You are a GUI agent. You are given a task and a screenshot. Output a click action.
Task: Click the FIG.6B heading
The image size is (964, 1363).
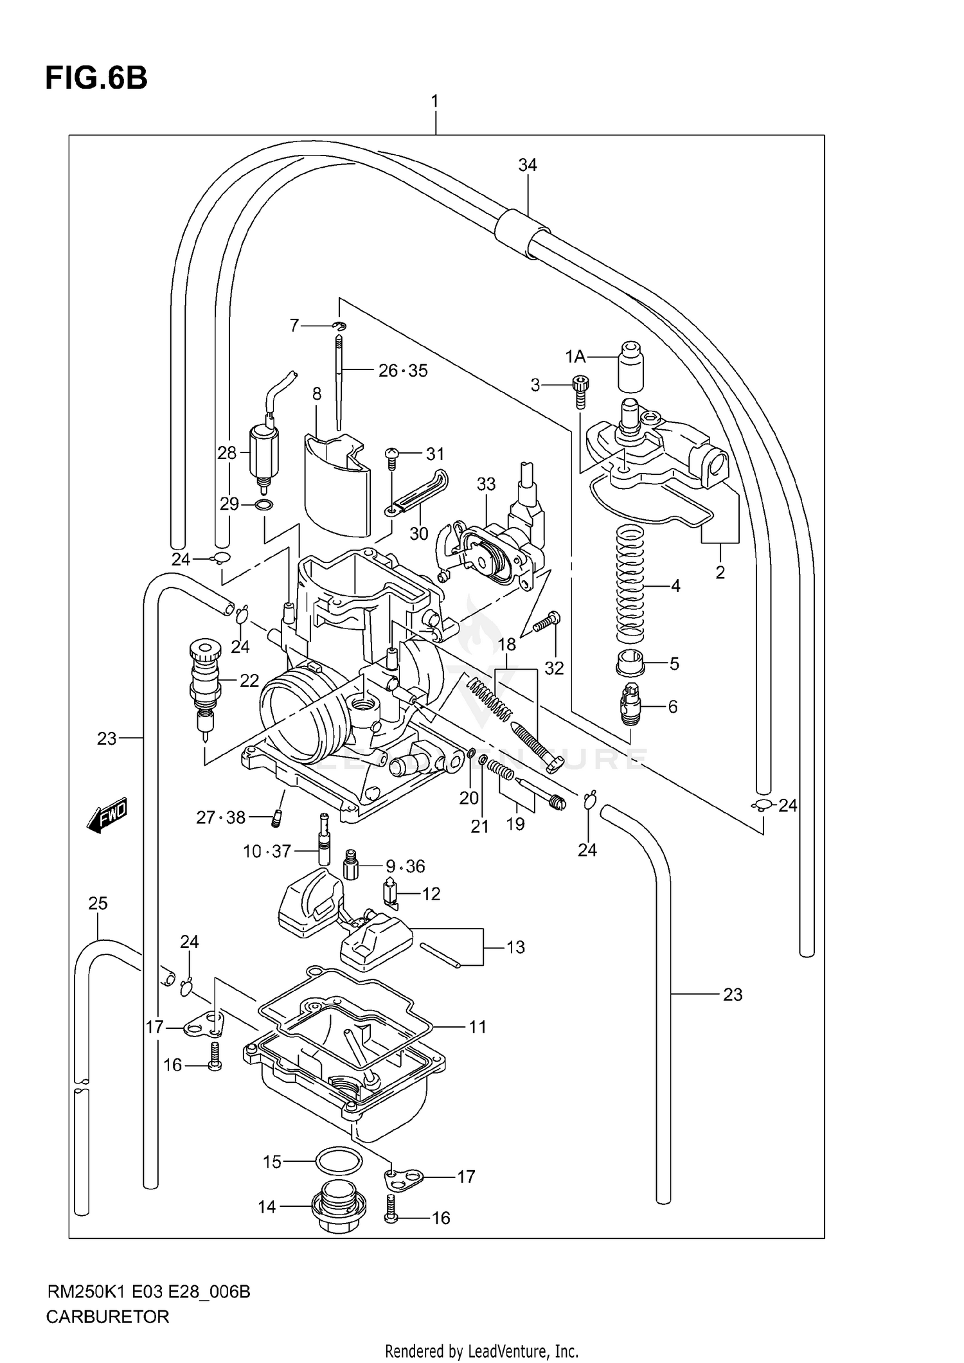(96, 78)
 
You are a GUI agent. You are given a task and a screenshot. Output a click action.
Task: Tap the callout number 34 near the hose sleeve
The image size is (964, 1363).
(527, 165)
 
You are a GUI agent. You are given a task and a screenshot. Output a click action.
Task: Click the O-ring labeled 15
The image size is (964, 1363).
(338, 1161)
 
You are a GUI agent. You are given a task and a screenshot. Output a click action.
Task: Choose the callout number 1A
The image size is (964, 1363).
(575, 356)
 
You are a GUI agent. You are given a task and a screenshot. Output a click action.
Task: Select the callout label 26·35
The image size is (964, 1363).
(403, 371)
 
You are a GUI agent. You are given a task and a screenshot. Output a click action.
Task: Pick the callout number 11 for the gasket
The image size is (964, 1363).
(477, 1027)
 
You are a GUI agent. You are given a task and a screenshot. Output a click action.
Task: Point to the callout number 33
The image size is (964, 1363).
(486, 484)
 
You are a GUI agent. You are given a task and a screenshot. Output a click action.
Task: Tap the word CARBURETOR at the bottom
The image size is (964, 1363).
(107, 1317)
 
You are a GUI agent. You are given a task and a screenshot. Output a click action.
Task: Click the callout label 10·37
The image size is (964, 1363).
(267, 851)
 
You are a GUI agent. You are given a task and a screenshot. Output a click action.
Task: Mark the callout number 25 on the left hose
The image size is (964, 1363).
(98, 904)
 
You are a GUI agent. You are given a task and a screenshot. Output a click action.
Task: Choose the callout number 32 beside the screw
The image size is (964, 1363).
(553, 668)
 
